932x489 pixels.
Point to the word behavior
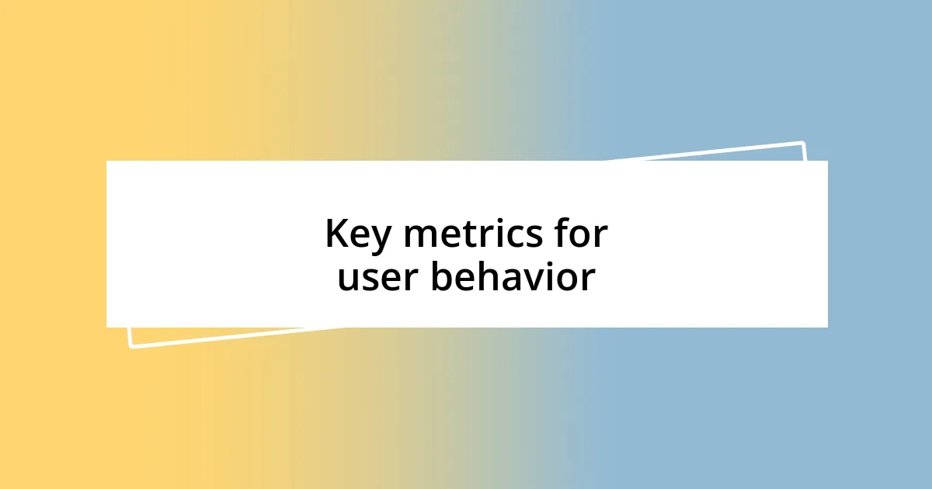point(513,277)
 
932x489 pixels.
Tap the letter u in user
point(348,281)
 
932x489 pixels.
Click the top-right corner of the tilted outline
point(802,143)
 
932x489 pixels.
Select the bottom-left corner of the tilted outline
point(130,346)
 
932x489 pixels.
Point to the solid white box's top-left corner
point(107,161)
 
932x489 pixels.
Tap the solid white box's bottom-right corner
point(827,327)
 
